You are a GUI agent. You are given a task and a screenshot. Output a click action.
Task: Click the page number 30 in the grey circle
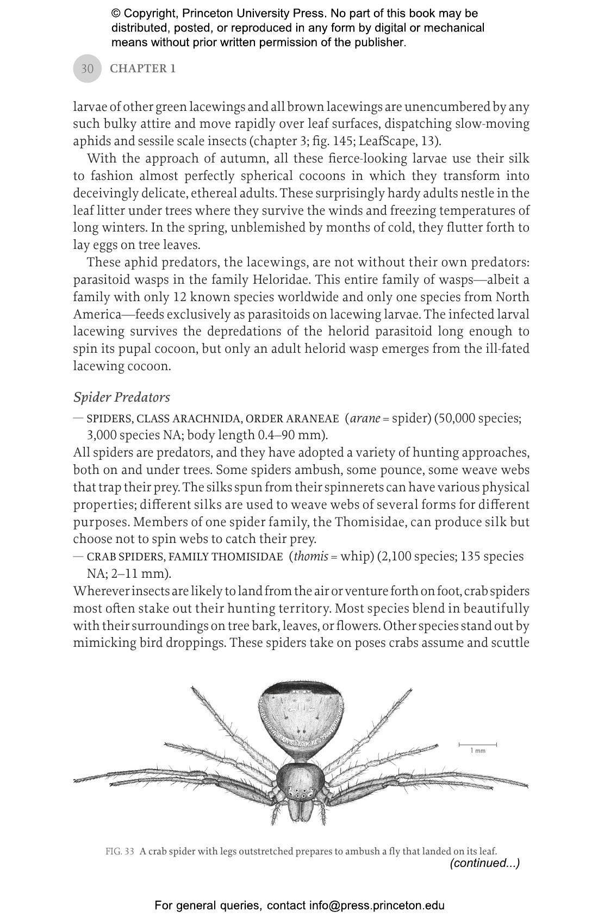tap(87, 68)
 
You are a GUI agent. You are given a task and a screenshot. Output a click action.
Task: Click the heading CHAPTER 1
tap(142, 68)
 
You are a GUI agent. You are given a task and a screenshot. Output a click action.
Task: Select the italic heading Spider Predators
tap(121, 397)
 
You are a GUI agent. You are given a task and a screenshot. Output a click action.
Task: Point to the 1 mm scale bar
tap(477, 745)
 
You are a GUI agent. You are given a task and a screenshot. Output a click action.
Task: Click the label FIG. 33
tap(120, 851)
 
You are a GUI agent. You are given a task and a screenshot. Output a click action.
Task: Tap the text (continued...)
tap(484, 863)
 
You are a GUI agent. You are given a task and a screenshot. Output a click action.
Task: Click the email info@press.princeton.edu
tap(377, 906)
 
